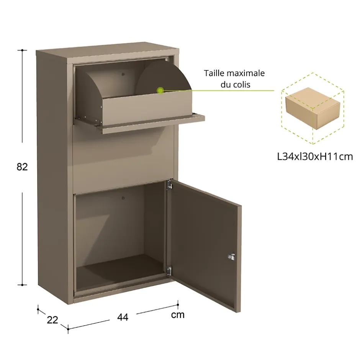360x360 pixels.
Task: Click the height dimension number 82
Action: click(x=22, y=167)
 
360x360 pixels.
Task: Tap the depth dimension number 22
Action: click(x=52, y=319)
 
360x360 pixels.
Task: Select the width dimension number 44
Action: click(x=123, y=317)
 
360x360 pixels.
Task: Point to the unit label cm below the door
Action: click(x=177, y=315)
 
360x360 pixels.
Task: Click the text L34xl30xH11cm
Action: click(x=315, y=157)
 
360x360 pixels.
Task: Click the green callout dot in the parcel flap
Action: click(x=160, y=91)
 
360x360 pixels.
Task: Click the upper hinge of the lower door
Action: click(x=169, y=186)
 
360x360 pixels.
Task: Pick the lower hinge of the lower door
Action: click(x=169, y=270)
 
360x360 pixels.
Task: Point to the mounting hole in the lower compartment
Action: click(x=123, y=198)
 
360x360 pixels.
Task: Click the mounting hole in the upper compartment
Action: click(x=123, y=74)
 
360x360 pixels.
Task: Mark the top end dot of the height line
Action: click(x=23, y=50)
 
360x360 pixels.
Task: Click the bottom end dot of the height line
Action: click(x=23, y=285)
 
